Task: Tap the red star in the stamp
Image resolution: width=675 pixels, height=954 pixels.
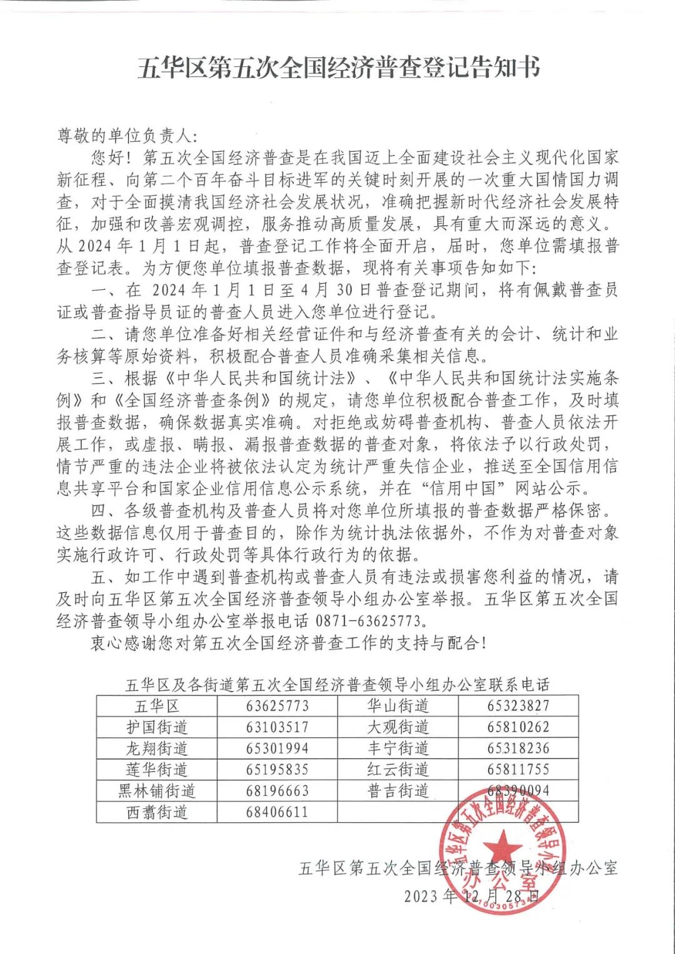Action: coord(502,850)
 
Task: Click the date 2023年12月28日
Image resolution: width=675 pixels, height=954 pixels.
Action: coord(471,896)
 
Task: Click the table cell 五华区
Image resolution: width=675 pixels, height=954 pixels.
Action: coord(157,707)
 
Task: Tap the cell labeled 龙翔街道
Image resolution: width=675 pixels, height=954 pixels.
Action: coord(157,748)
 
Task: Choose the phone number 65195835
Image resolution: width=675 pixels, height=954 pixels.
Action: coord(277,770)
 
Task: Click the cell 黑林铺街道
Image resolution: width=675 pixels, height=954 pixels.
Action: coord(157,791)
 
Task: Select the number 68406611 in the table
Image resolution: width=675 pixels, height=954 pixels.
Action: coord(277,812)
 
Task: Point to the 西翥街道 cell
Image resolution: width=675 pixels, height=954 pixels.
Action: coord(157,812)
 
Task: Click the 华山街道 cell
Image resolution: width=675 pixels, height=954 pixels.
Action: coord(398,707)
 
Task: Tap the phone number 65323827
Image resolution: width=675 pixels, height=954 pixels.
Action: coord(518,707)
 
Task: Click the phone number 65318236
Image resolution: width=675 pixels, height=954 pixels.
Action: coord(518,748)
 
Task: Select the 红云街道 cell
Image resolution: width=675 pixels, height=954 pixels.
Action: coord(398,770)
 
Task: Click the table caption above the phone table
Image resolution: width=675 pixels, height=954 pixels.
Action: coord(337,685)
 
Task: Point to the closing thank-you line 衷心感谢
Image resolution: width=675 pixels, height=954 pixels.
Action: coord(287,643)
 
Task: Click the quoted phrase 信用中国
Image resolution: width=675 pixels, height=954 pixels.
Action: coord(462,488)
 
